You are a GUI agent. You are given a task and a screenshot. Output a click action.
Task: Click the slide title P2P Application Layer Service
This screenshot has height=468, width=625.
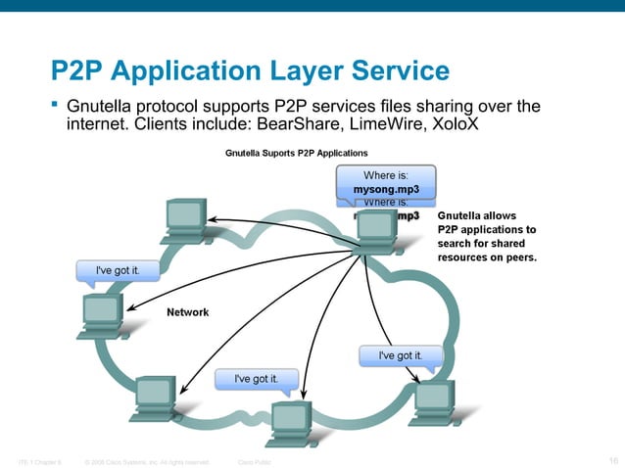pyautogui.click(x=251, y=71)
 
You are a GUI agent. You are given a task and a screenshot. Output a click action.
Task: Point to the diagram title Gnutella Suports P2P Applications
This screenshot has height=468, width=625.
pyautogui.click(x=297, y=153)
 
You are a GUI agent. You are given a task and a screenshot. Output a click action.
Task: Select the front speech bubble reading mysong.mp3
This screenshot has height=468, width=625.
pyautogui.click(x=386, y=183)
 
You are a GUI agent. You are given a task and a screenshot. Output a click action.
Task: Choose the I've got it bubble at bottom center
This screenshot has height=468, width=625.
pyautogui.click(x=255, y=378)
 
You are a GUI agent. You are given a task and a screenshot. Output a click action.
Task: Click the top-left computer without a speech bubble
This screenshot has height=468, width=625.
pyautogui.click(x=184, y=219)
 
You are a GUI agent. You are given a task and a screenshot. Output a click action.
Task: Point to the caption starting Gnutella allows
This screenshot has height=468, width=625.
pyautogui.click(x=487, y=235)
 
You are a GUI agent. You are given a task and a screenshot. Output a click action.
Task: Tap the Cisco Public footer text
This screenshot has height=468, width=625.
pyautogui.click(x=256, y=460)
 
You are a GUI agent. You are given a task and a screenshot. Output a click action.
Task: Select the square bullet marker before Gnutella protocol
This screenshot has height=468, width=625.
pyautogui.click(x=56, y=104)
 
